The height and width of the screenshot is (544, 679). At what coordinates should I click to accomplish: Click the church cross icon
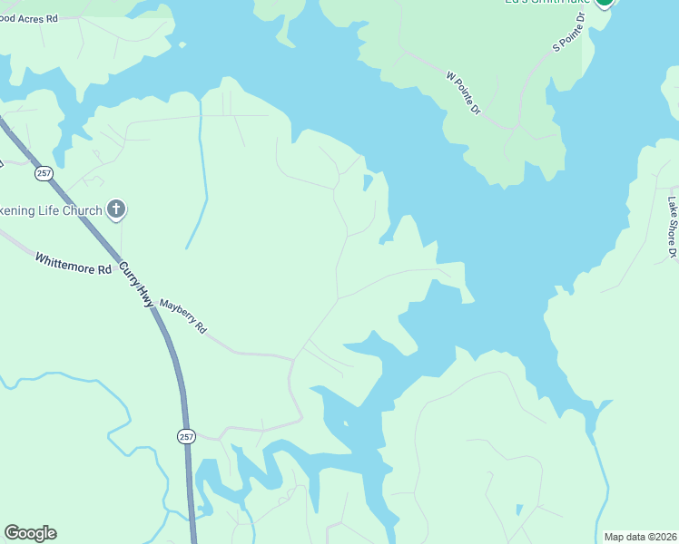(115, 210)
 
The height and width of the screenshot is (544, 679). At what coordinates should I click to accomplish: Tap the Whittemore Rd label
(73, 264)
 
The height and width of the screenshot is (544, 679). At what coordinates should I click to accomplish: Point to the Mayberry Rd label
(183, 317)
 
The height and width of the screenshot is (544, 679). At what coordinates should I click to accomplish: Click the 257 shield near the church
(44, 172)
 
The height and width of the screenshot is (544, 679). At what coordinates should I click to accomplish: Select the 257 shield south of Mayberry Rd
(184, 436)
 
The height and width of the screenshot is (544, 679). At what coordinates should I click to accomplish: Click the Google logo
(30, 533)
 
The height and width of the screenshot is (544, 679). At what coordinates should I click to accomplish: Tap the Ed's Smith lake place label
(547, 3)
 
